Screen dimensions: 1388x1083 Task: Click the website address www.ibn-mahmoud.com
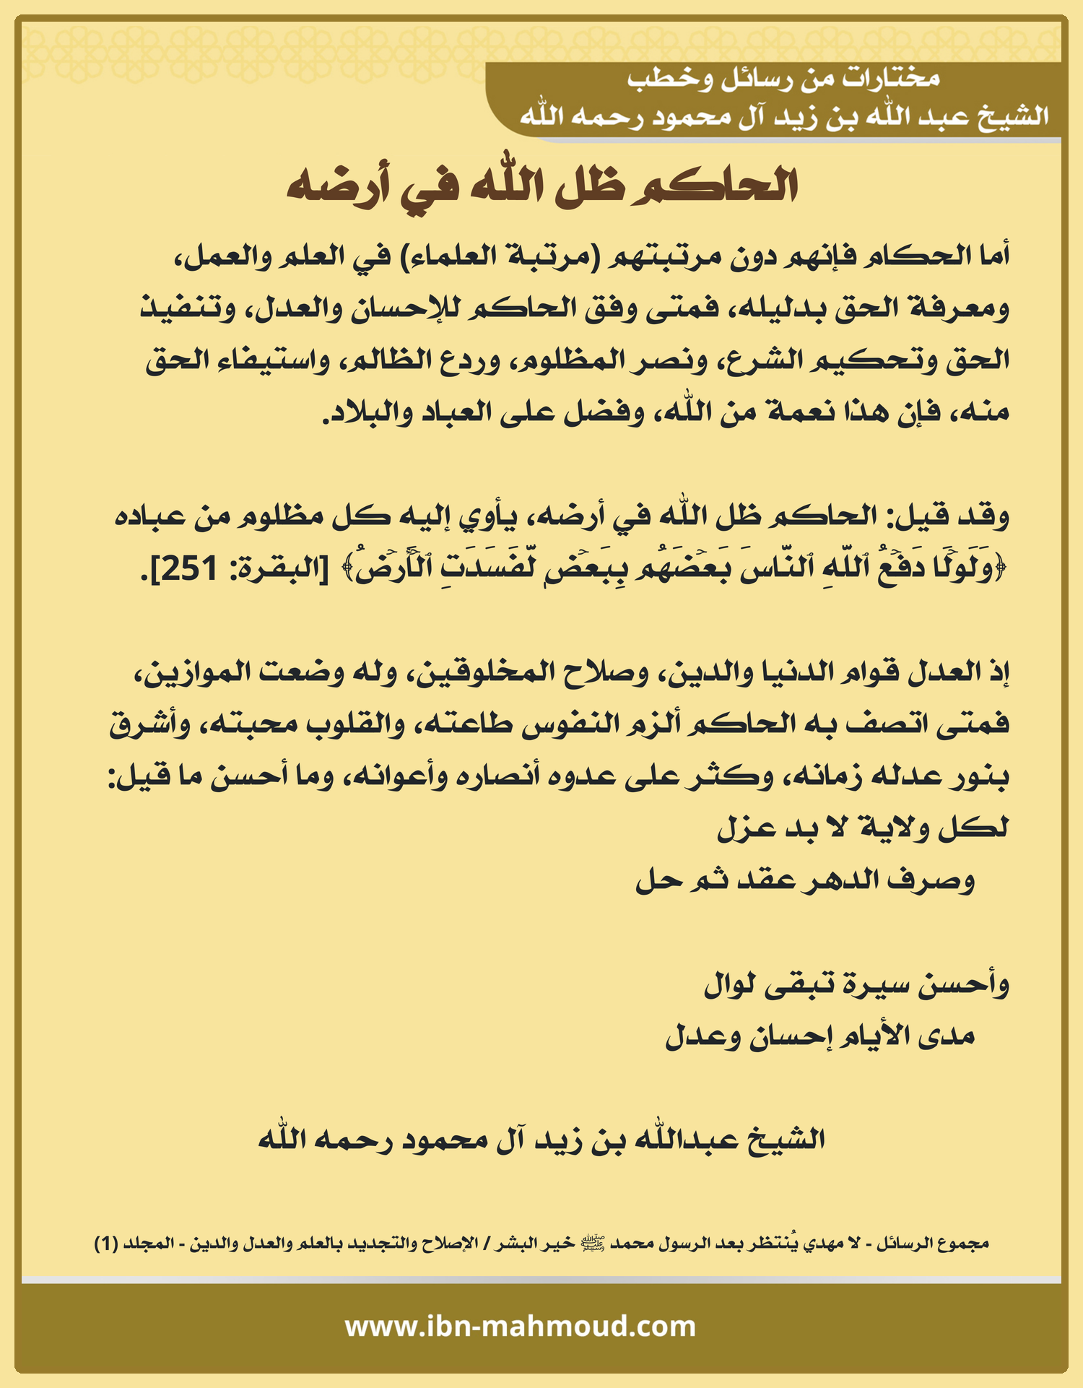pos(520,1327)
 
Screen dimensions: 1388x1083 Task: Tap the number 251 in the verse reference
pos(189,570)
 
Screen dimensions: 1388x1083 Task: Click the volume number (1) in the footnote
pos(106,1244)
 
